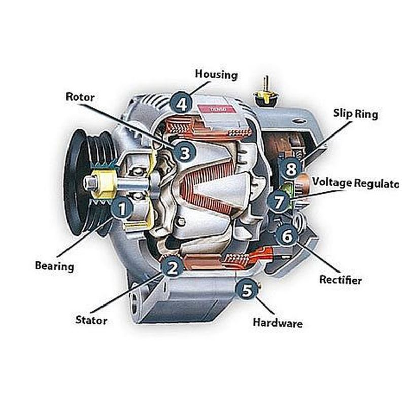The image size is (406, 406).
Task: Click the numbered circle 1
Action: (122, 208)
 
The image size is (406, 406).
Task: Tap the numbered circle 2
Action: (173, 267)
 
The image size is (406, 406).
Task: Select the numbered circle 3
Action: (184, 151)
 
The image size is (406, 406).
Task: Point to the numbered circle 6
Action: (287, 235)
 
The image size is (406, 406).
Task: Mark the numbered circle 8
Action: (291, 168)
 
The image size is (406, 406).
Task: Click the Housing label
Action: (216, 75)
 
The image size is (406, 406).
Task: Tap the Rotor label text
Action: (80, 96)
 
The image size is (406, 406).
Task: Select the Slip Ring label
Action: (355, 114)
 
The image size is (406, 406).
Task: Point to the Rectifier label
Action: (340, 280)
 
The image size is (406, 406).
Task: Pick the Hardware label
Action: (278, 323)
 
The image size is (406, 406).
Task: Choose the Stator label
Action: (91, 320)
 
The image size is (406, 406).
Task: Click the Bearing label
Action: (54, 266)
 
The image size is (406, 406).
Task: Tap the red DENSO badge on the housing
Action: (216, 109)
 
